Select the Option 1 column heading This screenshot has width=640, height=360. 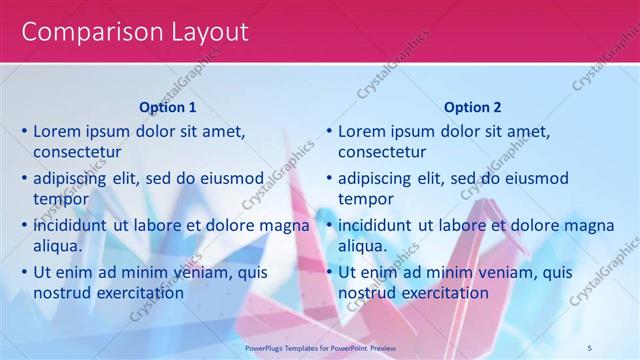(167, 107)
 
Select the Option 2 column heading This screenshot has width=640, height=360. (473, 107)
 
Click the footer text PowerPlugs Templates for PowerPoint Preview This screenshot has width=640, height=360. (319, 346)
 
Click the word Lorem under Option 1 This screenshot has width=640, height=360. (57, 131)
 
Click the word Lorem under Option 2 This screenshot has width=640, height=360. (362, 131)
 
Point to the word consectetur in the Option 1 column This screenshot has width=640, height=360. (77, 152)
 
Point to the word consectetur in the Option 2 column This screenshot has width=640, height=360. (382, 152)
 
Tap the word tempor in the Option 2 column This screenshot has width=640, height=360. (366, 199)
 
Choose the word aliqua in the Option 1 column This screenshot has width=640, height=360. (56, 246)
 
